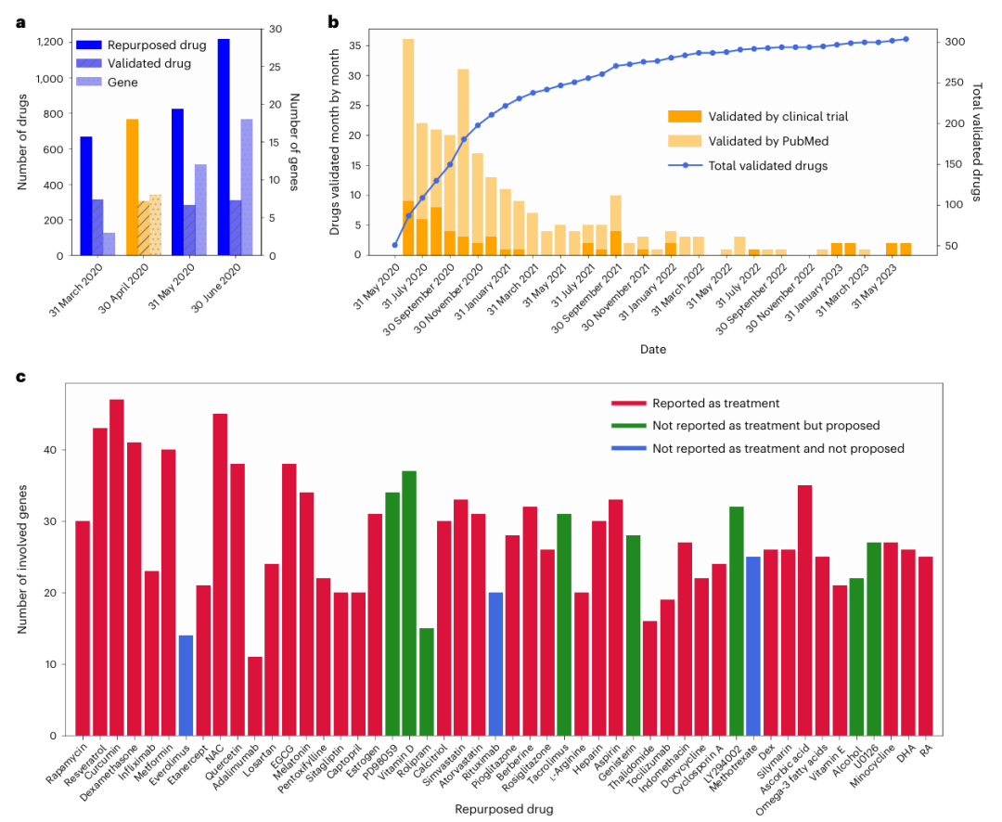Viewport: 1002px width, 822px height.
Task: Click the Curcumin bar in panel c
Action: (x=117, y=567)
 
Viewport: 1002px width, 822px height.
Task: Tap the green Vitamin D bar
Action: (x=409, y=603)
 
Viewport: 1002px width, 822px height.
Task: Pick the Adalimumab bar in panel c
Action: (x=254, y=696)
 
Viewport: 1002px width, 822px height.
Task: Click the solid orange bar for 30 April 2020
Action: (x=132, y=186)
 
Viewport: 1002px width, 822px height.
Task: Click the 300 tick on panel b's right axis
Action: (x=955, y=43)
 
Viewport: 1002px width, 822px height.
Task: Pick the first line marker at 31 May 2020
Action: (x=395, y=245)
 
